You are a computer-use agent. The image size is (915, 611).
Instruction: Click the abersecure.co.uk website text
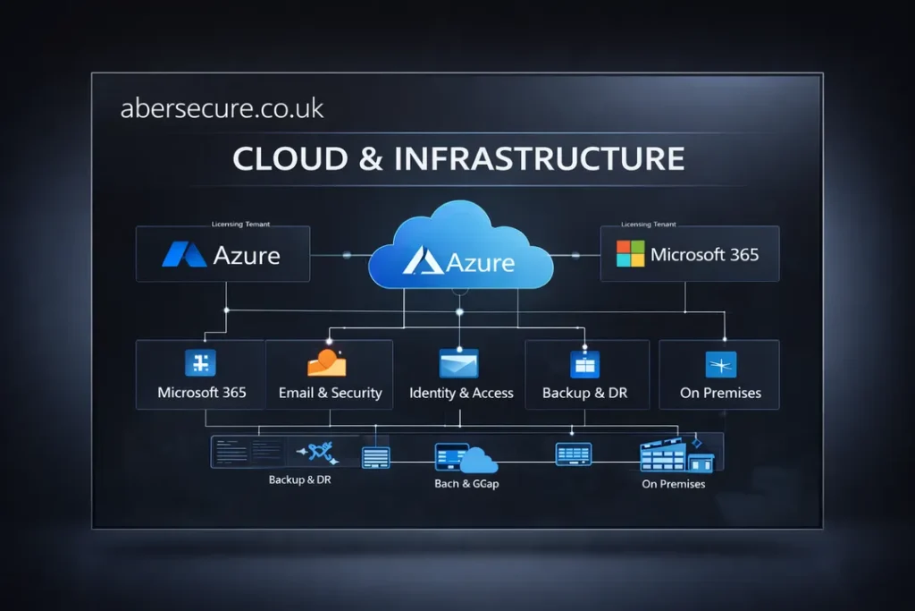coord(222,109)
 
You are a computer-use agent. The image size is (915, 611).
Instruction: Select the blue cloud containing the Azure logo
coord(458,250)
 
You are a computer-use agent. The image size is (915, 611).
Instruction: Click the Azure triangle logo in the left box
coord(184,255)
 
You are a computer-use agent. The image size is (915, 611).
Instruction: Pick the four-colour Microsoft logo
coord(630,253)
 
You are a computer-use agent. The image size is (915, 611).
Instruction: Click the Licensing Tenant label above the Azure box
coord(240,224)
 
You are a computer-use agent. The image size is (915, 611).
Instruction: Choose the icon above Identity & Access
coord(459,362)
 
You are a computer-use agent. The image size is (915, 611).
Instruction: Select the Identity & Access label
coord(461,393)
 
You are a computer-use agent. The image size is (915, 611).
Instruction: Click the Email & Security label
coord(330,393)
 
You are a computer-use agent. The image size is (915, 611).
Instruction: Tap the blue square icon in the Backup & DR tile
coord(584,363)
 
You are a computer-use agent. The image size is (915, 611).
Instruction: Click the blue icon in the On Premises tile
coord(720,363)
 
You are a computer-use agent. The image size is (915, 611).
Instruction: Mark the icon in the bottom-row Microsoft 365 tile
coord(200,362)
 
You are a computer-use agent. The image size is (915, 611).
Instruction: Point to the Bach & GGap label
coord(465,484)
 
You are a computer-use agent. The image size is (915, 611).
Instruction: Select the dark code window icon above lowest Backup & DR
coord(248,453)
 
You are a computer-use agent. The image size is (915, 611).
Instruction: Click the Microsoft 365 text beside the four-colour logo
coord(705,254)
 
